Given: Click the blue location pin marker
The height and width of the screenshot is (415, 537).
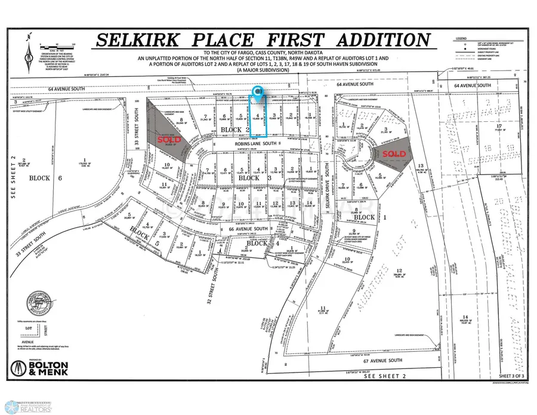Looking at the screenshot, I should pos(258,92).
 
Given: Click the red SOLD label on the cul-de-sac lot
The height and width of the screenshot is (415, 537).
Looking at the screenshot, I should pos(394,154).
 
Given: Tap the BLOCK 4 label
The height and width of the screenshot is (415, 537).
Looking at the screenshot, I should pos(257,244).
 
